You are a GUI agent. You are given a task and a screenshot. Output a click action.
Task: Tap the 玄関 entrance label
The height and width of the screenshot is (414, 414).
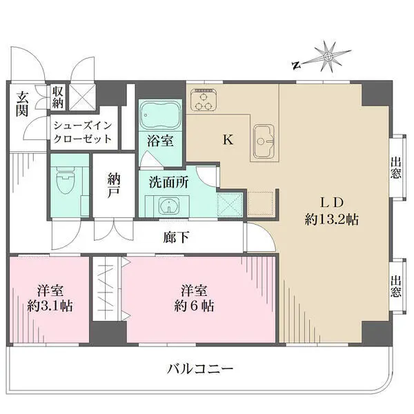coord(23,103)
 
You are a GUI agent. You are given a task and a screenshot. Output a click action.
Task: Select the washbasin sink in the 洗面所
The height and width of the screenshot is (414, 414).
coord(166,206)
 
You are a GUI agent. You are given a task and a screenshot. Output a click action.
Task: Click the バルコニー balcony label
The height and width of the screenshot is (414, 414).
coord(201,368)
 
